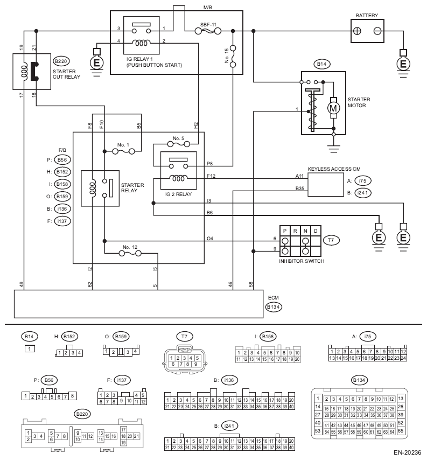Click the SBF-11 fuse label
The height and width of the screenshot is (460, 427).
[208, 25]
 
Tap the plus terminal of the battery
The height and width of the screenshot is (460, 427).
[357, 31]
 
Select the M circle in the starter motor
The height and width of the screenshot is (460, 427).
[333, 108]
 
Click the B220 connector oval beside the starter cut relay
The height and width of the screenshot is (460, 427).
[61, 61]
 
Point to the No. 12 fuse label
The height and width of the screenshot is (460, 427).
[130, 247]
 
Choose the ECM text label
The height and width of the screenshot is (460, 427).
[274, 297]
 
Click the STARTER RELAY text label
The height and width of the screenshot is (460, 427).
[132, 188]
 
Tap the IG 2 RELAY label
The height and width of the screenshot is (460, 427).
[178, 194]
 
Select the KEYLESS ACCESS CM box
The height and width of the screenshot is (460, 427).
[326, 185]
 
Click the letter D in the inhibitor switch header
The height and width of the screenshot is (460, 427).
[316, 231]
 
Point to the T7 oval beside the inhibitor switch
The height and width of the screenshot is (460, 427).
[331, 240]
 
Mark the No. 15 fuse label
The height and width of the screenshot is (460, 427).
[227, 55]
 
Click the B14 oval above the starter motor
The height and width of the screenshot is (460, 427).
[321, 64]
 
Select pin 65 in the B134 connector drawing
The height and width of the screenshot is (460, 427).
[401, 431]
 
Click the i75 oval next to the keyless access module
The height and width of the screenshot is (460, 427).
[363, 181]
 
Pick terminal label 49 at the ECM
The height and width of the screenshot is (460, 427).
[22, 284]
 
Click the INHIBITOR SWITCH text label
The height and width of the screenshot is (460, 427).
[302, 261]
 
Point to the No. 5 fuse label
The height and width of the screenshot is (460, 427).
[178, 138]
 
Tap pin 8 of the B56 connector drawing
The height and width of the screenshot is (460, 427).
[73, 396]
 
